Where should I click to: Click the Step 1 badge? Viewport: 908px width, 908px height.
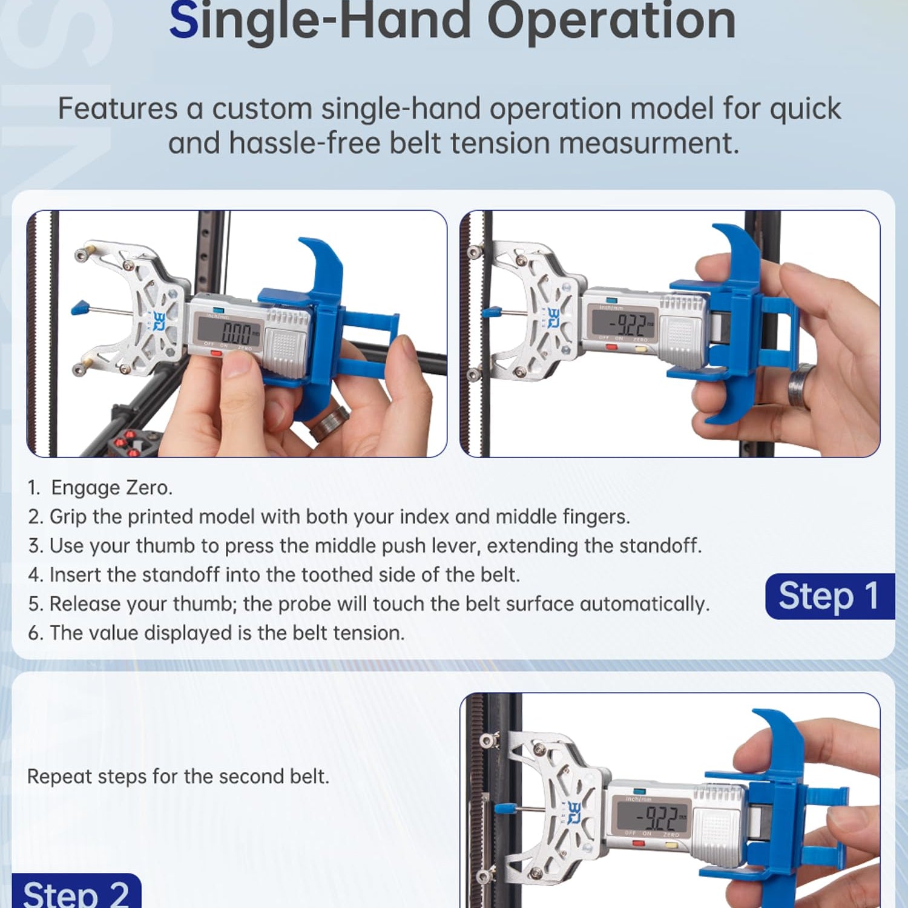(830, 596)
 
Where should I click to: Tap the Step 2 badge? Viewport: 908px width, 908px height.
(76, 892)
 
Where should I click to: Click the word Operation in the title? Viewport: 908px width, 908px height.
(611, 21)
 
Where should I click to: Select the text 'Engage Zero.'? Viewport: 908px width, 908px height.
(112, 488)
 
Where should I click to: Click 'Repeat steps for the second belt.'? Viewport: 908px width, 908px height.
(179, 777)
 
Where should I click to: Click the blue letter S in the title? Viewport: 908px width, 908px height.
(184, 21)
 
